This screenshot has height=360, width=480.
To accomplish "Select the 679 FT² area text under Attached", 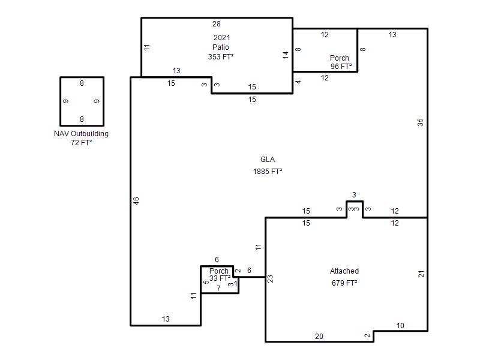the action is pos(344,283).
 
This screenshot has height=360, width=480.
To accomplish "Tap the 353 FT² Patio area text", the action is pos(221,56).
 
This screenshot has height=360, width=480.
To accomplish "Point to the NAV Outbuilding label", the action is pos(81,133).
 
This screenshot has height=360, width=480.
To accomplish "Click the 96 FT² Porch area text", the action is pos(341,66).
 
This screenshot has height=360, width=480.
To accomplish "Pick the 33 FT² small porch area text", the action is pos(220,278).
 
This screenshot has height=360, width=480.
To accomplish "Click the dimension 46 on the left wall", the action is pos(136,201).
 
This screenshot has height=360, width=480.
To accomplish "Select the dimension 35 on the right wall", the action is pos(421,122).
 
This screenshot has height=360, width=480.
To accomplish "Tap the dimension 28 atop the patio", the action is pos(217,23).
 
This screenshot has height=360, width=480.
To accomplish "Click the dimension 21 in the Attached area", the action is pos(421,274).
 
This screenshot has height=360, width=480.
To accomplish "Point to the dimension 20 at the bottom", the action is pos(319,336).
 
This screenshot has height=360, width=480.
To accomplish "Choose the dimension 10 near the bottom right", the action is pos(400,325).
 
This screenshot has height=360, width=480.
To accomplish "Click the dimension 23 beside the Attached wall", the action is pos(270,278).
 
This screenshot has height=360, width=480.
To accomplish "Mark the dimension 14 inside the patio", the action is pos(286,55).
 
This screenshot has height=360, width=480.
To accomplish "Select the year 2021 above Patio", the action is pos(221,37).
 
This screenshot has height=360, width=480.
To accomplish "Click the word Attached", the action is pos(344,271).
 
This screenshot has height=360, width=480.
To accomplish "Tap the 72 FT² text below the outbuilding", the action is pos(81,142).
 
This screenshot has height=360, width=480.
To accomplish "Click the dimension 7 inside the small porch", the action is pos(218,288).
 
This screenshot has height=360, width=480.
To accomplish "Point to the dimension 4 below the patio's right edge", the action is pos(298,82).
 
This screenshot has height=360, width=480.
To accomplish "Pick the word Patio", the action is pos(220,47).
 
